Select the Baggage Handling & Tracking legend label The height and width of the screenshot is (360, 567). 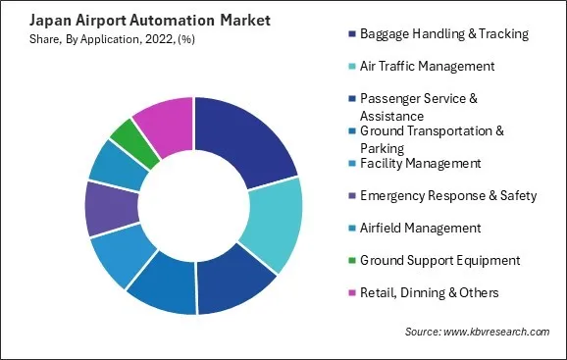click(x=444, y=33)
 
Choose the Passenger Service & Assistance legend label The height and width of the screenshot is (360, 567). click(x=433, y=105)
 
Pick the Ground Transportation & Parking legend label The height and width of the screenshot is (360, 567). click(x=433, y=138)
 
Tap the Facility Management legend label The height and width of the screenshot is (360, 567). click(x=420, y=163)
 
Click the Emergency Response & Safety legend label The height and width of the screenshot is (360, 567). click(x=448, y=195)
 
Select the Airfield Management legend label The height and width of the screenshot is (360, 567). click(x=420, y=228)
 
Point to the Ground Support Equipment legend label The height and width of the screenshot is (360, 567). click(x=438, y=260)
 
